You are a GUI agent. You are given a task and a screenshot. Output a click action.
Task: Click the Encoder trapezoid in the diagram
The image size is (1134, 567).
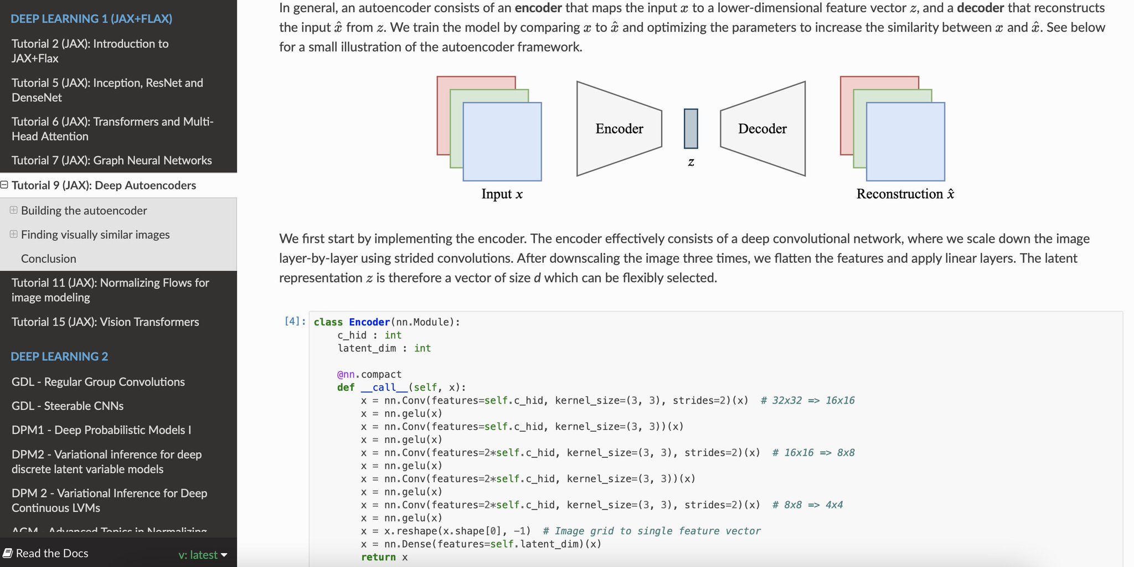(619, 129)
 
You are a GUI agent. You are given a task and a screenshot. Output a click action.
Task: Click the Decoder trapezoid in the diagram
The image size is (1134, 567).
(763, 129)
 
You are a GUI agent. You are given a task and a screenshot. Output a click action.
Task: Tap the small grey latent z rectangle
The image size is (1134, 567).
(691, 129)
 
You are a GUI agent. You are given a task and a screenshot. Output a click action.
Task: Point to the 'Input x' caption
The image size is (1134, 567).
(502, 194)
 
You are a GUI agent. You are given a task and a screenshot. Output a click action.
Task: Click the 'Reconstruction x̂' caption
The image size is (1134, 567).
(905, 193)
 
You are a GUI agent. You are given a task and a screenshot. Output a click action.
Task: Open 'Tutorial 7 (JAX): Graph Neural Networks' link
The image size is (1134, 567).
(112, 160)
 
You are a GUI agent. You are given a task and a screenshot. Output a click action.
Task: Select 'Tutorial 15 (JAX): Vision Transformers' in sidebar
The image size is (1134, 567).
(105, 321)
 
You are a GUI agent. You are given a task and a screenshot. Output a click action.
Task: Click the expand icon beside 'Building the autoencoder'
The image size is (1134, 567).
(13, 210)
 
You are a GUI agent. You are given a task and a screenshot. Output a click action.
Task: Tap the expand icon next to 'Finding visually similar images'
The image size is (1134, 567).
(13, 234)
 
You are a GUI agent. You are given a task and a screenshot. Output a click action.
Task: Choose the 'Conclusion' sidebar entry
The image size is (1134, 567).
(49, 258)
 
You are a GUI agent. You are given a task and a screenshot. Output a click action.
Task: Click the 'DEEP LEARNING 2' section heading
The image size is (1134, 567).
(59, 356)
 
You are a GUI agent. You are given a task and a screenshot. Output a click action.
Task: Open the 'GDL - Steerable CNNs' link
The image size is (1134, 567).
(68, 406)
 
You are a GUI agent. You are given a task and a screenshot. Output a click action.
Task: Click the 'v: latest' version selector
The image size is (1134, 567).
(203, 555)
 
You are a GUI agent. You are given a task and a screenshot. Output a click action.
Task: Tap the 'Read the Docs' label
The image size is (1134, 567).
(46, 553)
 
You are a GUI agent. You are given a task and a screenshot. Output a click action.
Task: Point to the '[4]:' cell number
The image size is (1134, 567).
(295, 321)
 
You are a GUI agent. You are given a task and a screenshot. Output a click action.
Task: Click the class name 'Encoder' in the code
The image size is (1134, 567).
(369, 322)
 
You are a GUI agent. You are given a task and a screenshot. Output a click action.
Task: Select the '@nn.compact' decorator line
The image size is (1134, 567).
(369, 374)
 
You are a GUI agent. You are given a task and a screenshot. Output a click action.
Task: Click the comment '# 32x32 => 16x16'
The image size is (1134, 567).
(808, 400)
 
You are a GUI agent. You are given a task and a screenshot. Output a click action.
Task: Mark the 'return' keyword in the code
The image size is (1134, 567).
(378, 557)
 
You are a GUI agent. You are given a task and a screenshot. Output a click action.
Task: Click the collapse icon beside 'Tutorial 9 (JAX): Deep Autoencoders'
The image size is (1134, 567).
(4, 185)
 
